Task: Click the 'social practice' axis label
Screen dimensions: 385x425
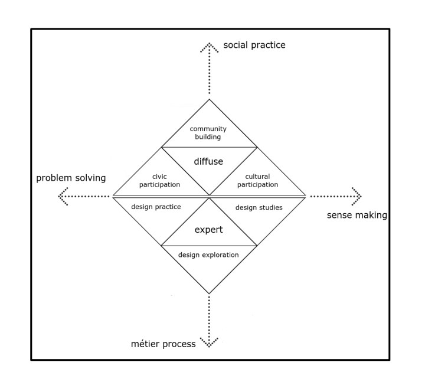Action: [x=254, y=45]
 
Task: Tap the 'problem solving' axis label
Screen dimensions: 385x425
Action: [x=71, y=178]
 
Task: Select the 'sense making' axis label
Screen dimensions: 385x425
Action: [x=357, y=215]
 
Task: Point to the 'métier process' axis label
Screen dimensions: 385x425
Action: [x=162, y=344]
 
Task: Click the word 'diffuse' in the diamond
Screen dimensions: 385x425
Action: [x=209, y=161]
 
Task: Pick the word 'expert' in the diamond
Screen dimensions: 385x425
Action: [x=209, y=230]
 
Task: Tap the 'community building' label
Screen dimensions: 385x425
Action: [x=208, y=133]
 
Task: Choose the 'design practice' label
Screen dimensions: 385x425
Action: [x=156, y=207]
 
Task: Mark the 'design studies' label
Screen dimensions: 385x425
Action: [x=259, y=207]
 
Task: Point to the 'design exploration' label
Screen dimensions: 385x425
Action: [x=209, y=255]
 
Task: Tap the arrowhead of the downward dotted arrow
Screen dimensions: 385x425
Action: [x=209, y=342]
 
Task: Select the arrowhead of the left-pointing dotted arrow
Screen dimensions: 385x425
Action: [x=62, y=195]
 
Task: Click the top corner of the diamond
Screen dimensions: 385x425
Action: [x=209, y=100]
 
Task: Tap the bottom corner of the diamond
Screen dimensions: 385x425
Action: [x=209, y=293]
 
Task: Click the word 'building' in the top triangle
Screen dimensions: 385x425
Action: [x=208, y=137]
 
